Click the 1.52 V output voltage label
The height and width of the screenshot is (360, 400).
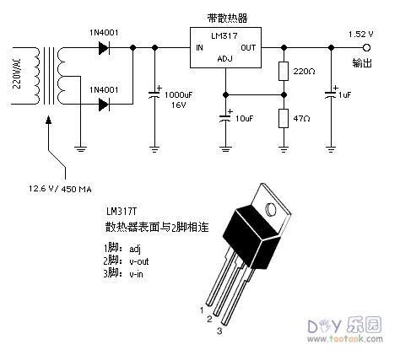360,33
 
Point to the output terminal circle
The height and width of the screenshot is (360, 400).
366,48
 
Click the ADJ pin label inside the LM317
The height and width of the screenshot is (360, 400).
224,60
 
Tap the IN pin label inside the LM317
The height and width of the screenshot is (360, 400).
200,48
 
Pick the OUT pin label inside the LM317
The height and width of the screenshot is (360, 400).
249,48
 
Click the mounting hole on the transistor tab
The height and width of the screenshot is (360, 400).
271,206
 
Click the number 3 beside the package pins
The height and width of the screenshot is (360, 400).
219,331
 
